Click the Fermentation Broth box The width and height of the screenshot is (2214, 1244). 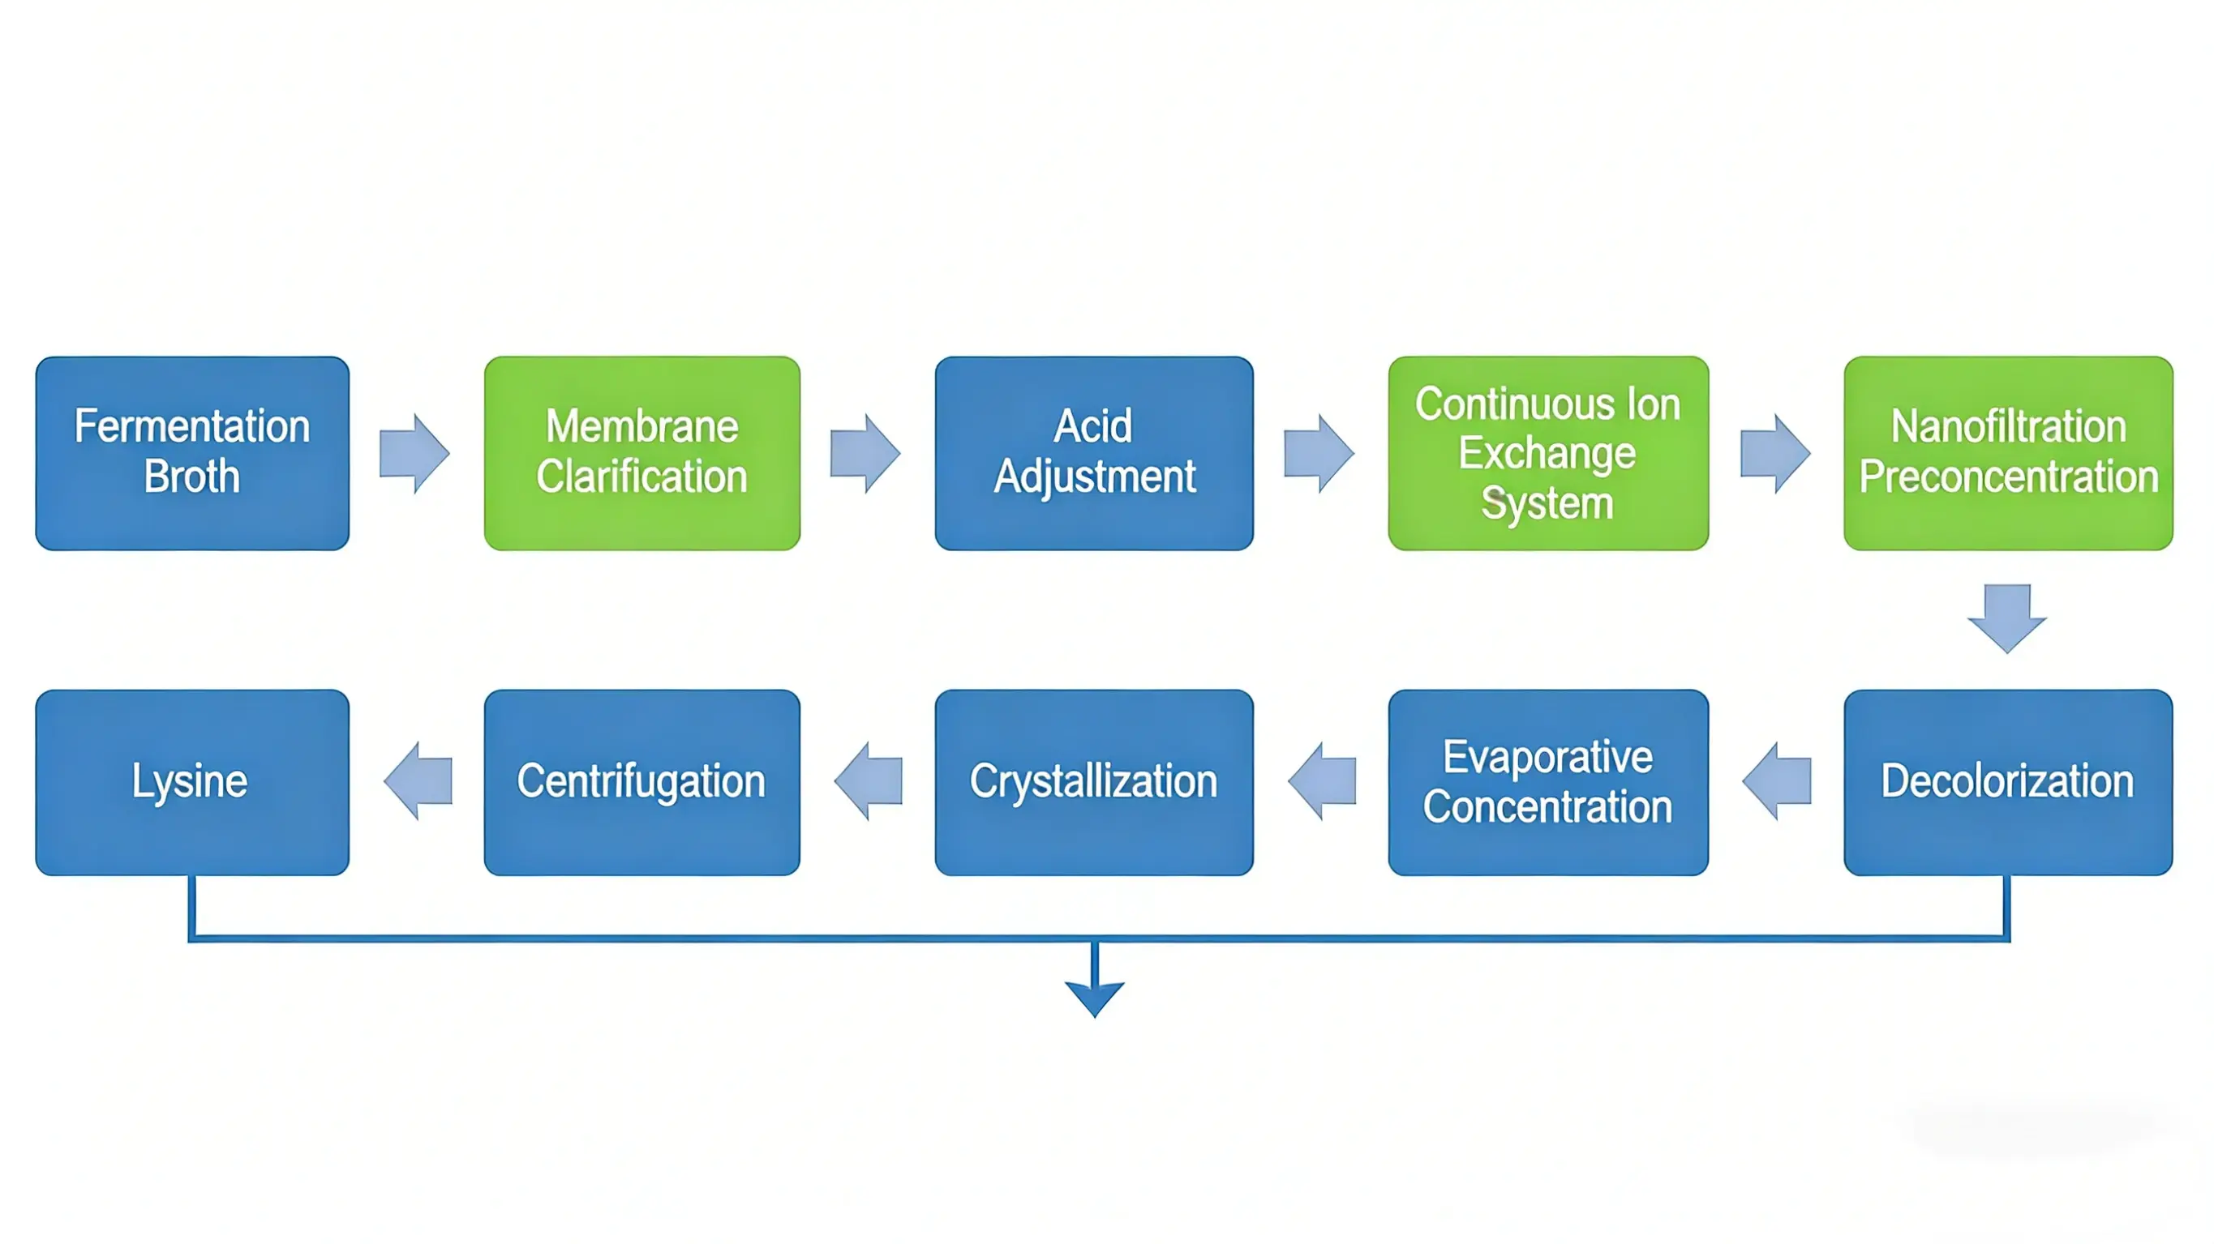(x=191, y=453)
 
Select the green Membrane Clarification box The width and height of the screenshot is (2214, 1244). (x=642, y=453)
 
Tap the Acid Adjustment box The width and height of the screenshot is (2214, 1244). (x=1093, y=453)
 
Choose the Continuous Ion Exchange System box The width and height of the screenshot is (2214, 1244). (x=1547, y=453)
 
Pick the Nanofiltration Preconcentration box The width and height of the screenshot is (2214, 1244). (x=2008, y=453)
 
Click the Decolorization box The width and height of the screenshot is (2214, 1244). (x=2008, y=782)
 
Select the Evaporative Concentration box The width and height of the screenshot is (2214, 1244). (x=1547, y=782)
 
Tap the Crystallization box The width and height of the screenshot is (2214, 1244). (x=1093, y=782)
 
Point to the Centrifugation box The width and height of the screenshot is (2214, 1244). (x=642, y=782)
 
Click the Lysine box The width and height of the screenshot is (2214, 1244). (x=191, y=782)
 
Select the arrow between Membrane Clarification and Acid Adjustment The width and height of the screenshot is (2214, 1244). (x=865, y=453)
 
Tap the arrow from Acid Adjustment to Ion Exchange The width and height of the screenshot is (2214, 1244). (x=1319, y=453)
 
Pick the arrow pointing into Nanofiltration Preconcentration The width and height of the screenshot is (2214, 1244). (x=1774, y=453)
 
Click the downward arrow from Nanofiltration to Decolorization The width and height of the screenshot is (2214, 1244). (x=2007, y=618)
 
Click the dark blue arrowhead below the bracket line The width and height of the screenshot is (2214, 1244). (x=1094, y=998)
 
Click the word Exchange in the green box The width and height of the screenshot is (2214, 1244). (x=1547, y=453)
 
